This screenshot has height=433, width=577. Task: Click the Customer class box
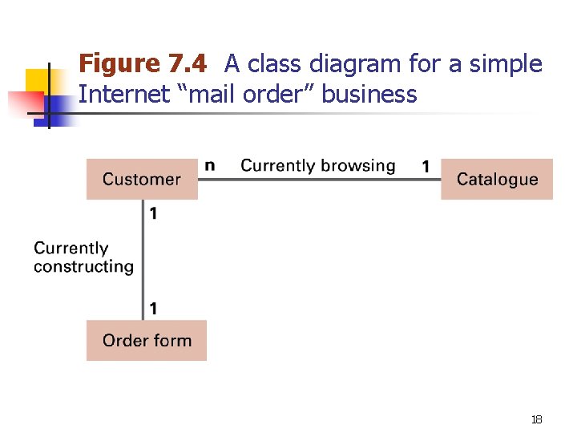click(x=142, y=180)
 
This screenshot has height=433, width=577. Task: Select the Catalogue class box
click(x=497, y=180)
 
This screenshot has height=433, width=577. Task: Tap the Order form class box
click(x=147, y=341)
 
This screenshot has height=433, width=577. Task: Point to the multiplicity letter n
click(x=210, y=165)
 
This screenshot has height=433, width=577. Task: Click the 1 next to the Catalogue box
click(x=426, y=166)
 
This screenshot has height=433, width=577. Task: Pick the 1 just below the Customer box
click(x=152, y=213)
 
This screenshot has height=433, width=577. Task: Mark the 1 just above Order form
click(x=152, y=308)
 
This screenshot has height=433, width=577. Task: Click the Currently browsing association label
click(x=318, y=166)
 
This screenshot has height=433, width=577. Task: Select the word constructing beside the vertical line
click(x=83, y=267)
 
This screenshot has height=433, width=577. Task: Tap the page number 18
click(x=537, y=419)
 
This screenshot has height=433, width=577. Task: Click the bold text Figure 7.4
click(x=143, y=63)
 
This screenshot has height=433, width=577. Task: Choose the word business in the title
click(x=370, y=95)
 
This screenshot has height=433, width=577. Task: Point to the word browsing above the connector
click(x=356, y=166)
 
